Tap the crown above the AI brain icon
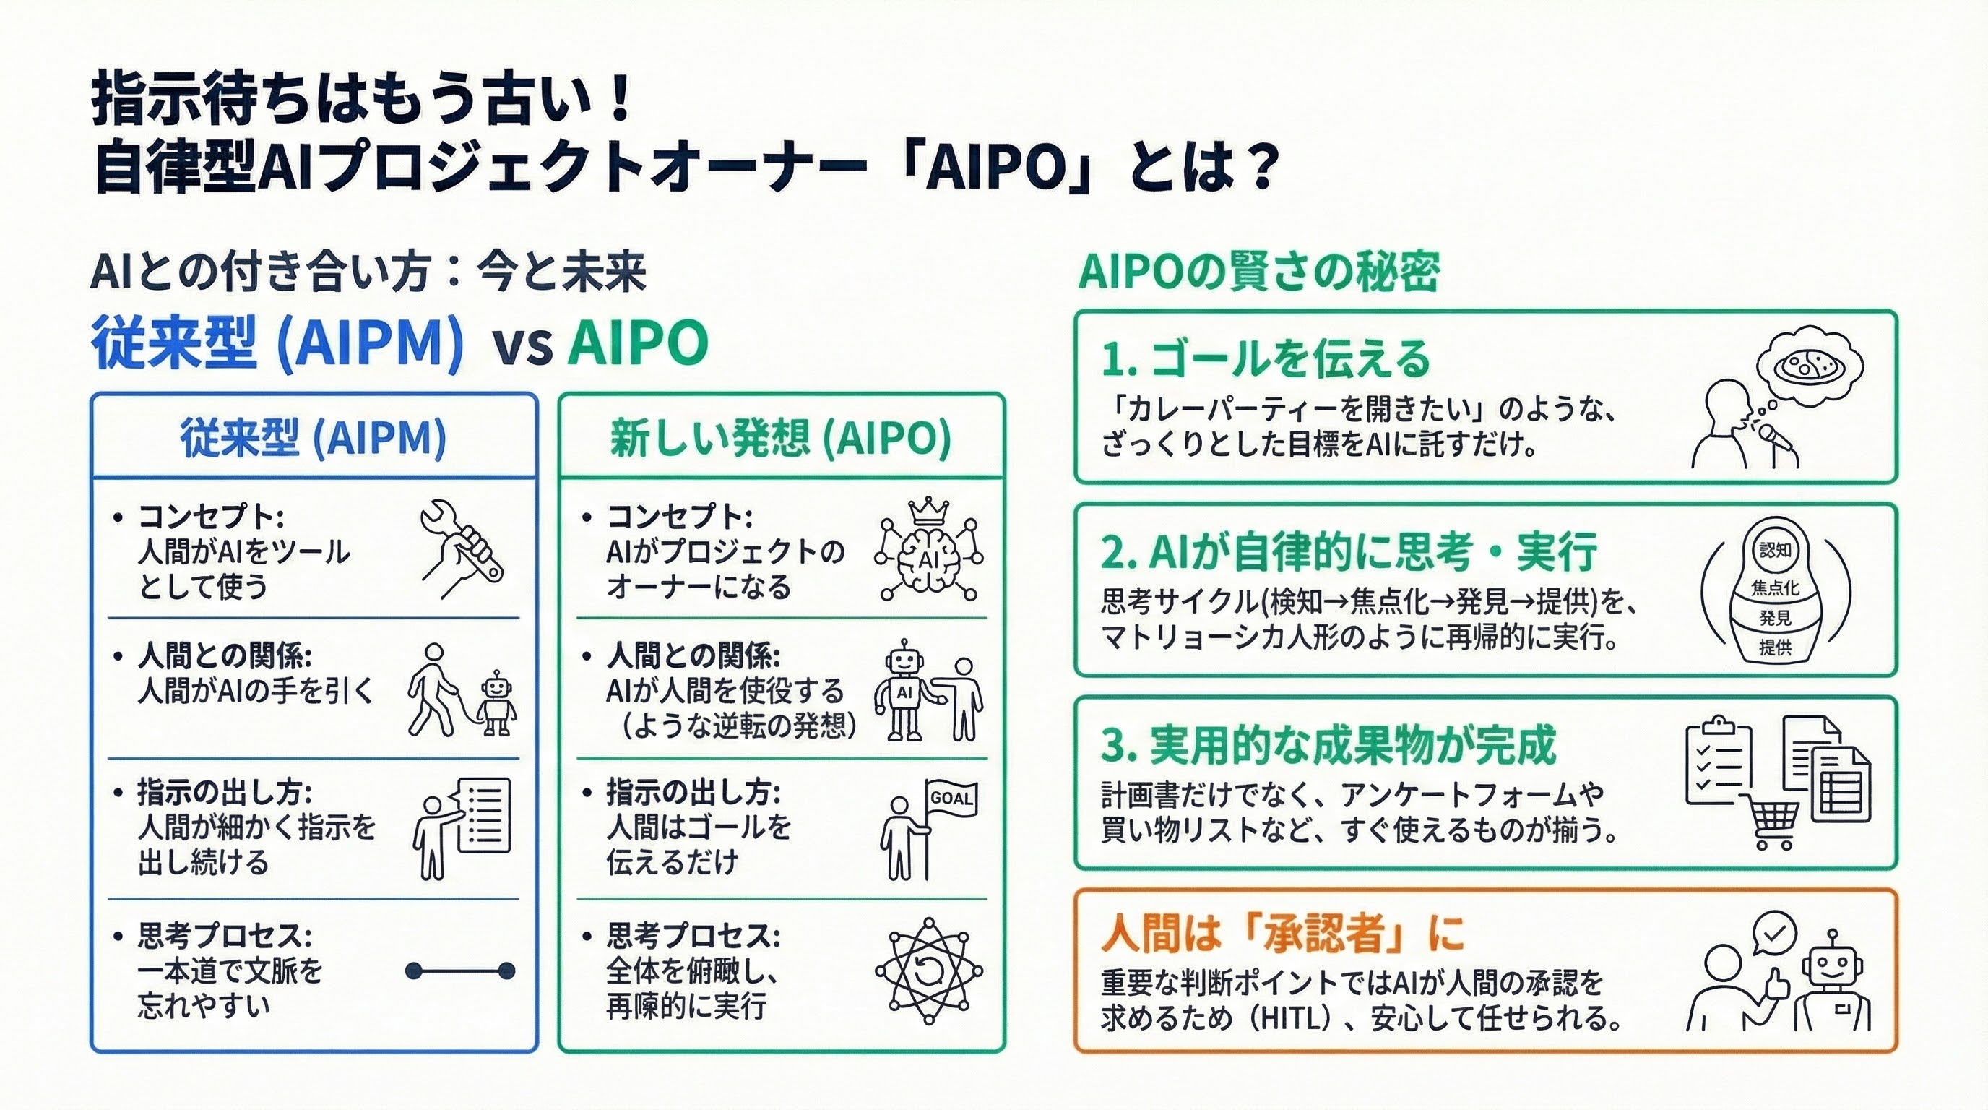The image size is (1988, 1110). point(928,511)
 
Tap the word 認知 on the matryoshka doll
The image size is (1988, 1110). point(1776,550)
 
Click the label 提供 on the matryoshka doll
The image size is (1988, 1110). point(1775,647)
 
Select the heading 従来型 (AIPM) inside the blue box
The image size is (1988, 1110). point(314,439)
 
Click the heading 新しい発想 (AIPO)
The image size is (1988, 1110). point(780,439)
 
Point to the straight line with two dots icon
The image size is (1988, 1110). point(460,971)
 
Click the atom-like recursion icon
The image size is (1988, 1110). point(928,971)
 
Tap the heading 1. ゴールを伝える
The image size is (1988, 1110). point(1266,359)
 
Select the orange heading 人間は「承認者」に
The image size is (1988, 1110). point(1282,933)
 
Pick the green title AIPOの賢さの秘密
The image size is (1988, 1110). point(1258,272)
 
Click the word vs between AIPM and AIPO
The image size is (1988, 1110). point(522,345)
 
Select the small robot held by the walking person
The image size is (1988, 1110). point(497,702)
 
